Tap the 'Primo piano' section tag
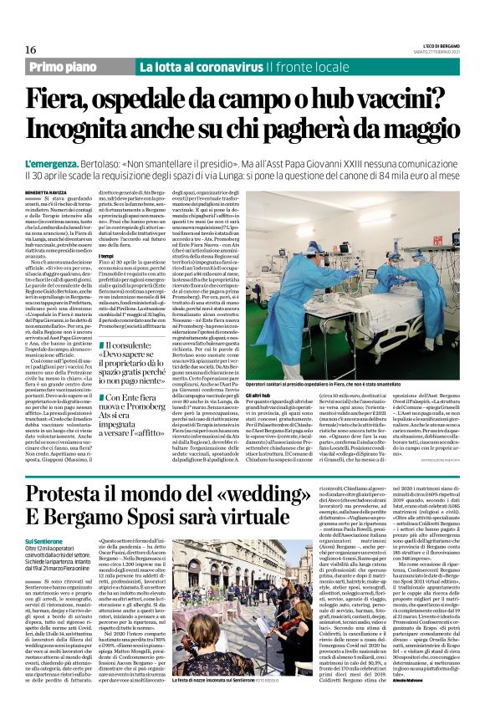(76, 67)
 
